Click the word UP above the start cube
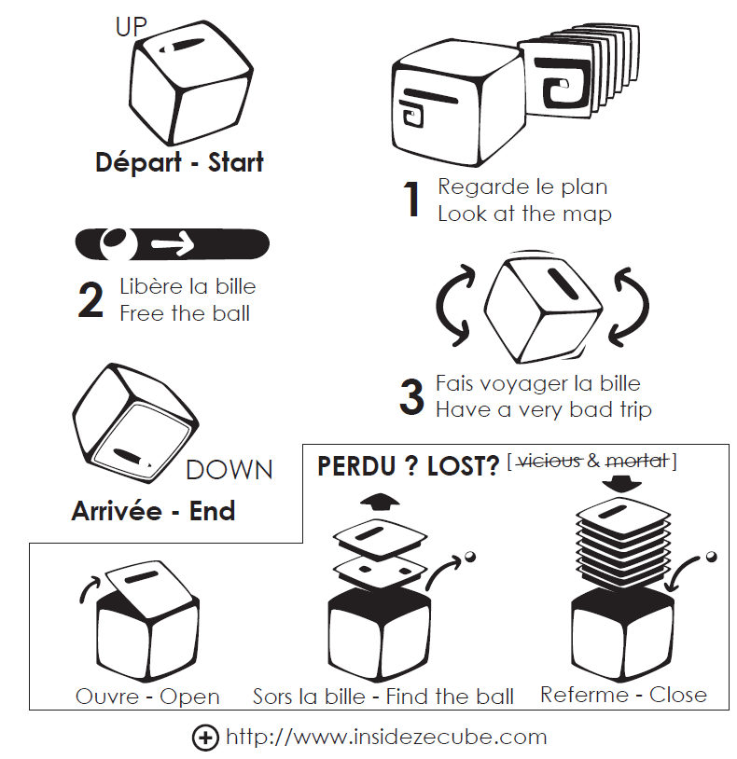pos(132,27)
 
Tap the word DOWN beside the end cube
pos(229,470)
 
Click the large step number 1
pos(411,200)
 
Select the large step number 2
pos(90,300)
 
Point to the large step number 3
pos(411,396)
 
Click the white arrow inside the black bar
pos(173,245)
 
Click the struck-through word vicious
pos(549,461)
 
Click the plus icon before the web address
pos(205,738)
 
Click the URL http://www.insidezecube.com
pos(386,738)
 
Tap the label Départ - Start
pos(179,162)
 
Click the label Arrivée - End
pos(153,511)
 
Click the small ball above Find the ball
pos(469,557)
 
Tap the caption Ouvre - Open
pos(147,697)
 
